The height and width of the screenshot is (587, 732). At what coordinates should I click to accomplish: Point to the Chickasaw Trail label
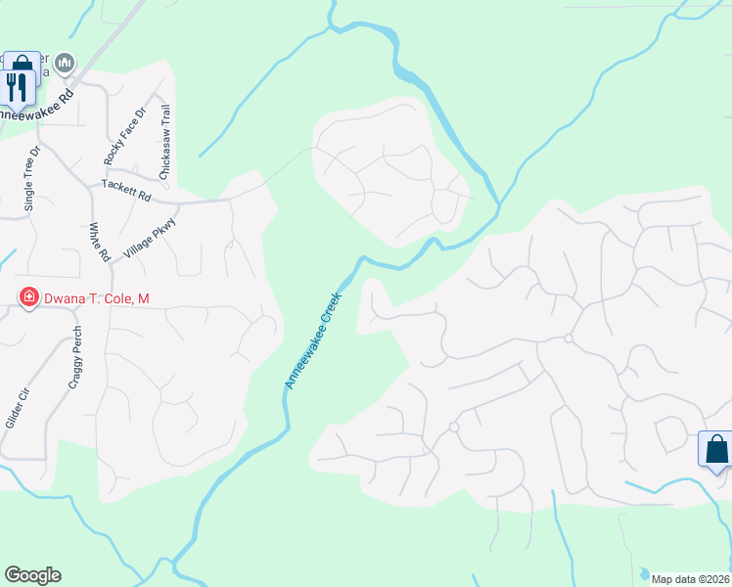pos(165,140)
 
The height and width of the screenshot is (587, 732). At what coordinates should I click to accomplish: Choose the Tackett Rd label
pos(126,190)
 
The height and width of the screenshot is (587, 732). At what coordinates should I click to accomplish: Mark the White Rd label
pos(99,242)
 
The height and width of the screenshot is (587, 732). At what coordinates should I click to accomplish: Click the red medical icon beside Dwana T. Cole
pos(28,296)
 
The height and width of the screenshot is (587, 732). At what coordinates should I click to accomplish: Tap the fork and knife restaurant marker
pos(19,88)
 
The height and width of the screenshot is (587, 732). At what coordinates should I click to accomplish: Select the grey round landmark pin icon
pos(66,64)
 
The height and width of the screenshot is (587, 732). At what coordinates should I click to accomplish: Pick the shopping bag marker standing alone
pos(716,449)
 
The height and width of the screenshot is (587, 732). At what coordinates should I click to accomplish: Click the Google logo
pos(32,575)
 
